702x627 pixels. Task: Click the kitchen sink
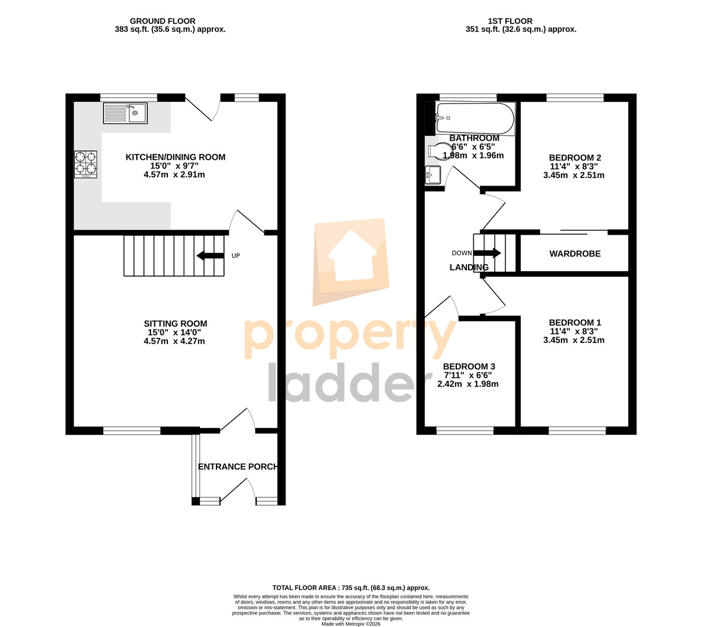tap(125, 113)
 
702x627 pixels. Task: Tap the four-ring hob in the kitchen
tap(85, 165)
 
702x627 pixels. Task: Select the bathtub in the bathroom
tap(476, 118)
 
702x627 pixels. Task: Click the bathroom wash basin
tap(433, 175)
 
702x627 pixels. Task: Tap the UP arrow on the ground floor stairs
tap(211, 256)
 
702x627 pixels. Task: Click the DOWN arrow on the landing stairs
tap(487, 253)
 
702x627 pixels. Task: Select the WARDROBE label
tap(575, 253)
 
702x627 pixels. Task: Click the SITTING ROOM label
tap(175, 324)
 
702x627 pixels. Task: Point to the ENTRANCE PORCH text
tap(238, 467)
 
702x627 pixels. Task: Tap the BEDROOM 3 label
tap(469, 366)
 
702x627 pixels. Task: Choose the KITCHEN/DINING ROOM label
tap(175, 157)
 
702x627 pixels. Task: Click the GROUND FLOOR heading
tap(163, 21)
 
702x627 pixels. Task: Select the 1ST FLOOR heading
tap(510, 21)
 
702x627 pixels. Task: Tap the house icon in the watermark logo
tap(352, 256)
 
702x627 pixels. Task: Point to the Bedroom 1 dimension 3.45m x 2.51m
tap(574, 340)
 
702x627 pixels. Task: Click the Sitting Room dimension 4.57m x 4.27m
tap(174, 341)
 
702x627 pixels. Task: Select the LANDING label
tap(469, 268)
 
